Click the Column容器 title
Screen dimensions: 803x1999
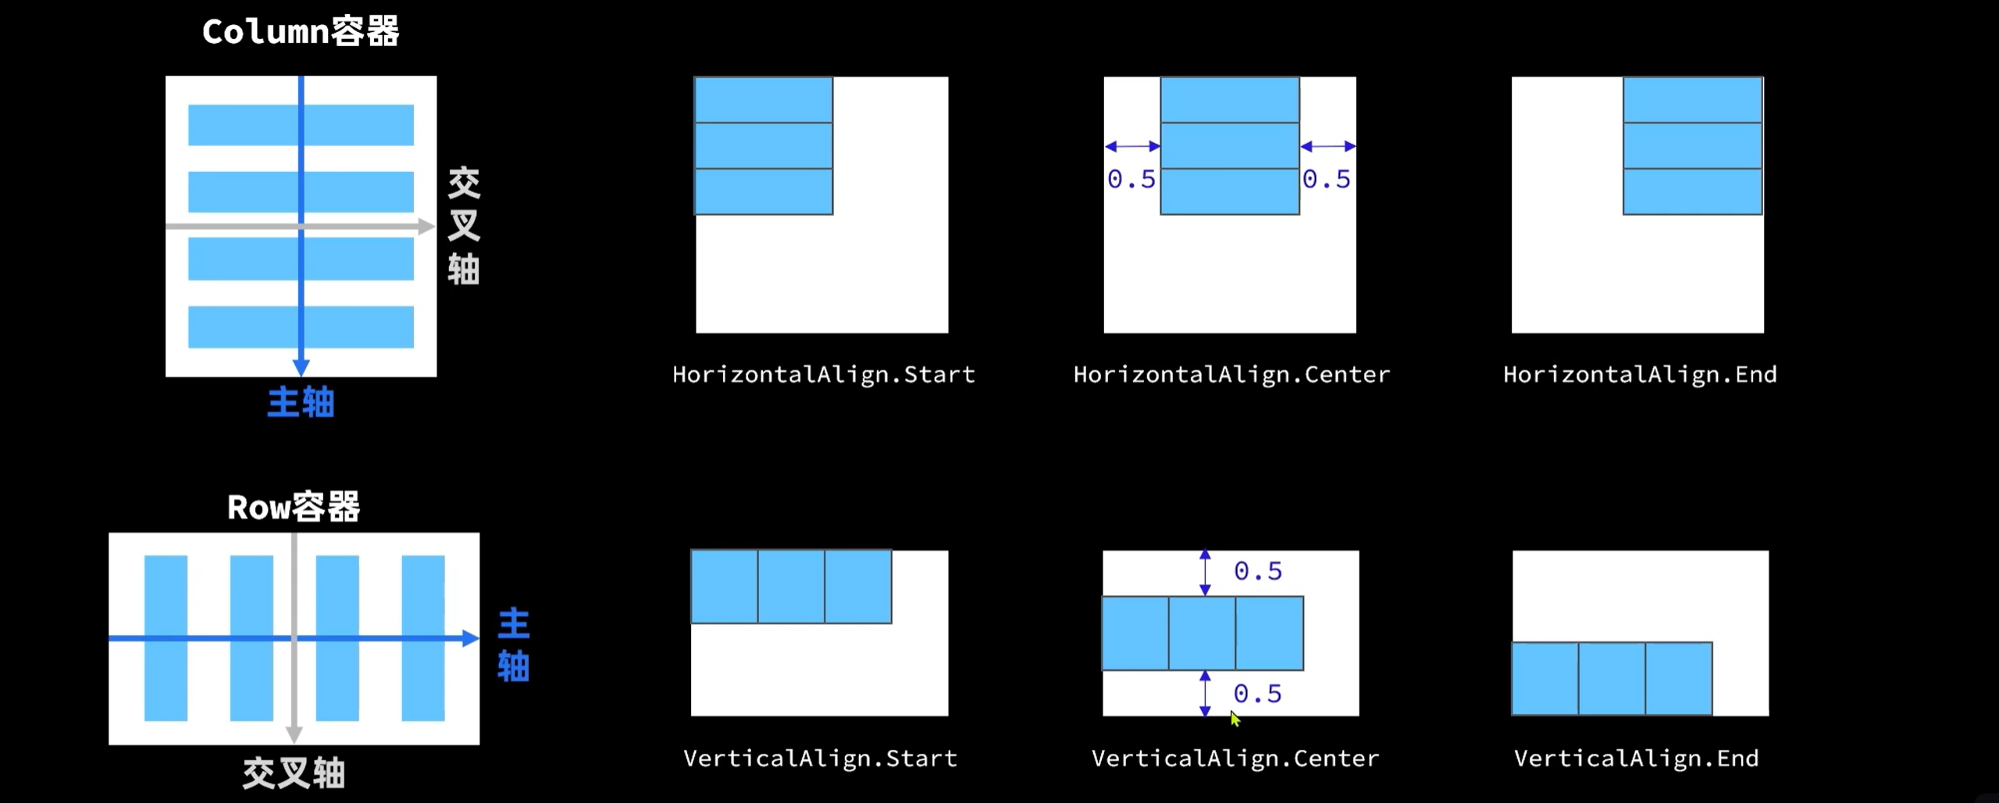click(x=301, y=32)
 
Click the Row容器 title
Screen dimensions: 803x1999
click(x=294, y=507)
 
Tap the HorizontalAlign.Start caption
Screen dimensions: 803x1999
click(x=824, y=375)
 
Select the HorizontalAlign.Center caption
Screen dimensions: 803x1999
click(x=1231, y=375)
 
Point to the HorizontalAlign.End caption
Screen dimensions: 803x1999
click(x=1640, y=375)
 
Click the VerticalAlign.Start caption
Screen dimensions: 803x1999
click(x=820, y=758)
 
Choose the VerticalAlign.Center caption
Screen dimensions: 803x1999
click(x=1235, y=758)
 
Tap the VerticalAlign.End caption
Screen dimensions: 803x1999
click(x=1636, y=758)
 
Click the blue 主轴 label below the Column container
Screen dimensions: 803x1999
click(x=301, y=403)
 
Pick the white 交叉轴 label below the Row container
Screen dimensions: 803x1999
click(x=294, y=773)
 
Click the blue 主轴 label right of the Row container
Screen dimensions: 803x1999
click(x=513, y=645)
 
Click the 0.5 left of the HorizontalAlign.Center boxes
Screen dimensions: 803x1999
click(x=1131, y=180)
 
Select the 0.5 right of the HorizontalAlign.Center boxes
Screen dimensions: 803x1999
click(x=1326, y=180)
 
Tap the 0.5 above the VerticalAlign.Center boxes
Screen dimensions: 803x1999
click(x=1257, y=571)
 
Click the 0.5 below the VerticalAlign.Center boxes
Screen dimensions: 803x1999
click(x=1257, y=694)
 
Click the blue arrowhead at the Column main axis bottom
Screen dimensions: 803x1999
click(x=301, y=368)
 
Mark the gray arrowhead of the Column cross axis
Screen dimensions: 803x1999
click(x=426, y=227)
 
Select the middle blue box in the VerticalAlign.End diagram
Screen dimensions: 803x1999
click(x=1612, y=678)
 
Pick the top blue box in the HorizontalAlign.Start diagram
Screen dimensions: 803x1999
click(x=763, y=99)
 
